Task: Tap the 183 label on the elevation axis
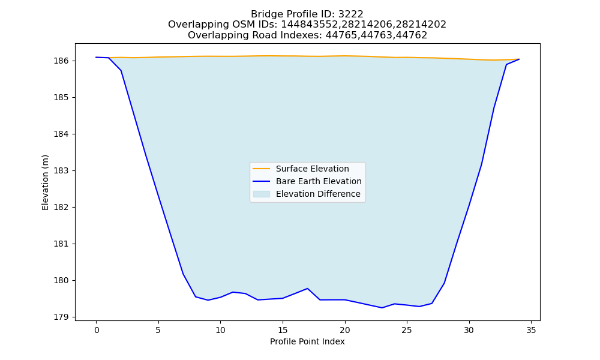[x=61, y=170]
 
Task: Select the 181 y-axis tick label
[x=61, y=244]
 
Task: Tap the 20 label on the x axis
[x=345, y=330]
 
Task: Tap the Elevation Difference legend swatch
[x=262, y=194]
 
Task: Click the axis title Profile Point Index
[x=307, y=341]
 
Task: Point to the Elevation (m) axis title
[x=45, y=182]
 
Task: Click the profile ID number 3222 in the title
[x=351, y=14]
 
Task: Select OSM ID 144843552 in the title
[x=309, y=25]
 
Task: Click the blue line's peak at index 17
[x=307, y=289]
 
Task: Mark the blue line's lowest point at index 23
[x=382, y=308]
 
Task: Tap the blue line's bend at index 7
[x=183, y=274]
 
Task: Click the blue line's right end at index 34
[x=519, y=59]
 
